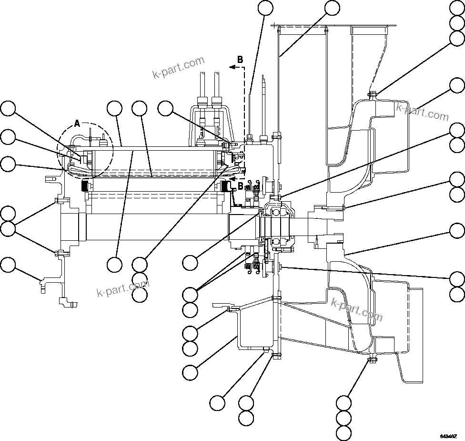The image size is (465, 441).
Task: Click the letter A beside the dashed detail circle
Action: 78,123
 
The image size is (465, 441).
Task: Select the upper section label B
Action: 240,60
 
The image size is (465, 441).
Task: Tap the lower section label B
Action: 241,185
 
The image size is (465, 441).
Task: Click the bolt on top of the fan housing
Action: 373,93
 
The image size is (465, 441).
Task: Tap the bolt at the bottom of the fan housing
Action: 372,359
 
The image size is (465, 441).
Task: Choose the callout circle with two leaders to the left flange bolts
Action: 7,228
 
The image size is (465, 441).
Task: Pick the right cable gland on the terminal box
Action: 217,102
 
